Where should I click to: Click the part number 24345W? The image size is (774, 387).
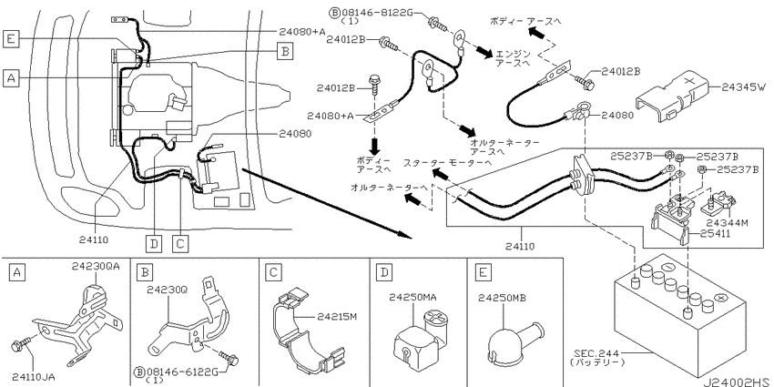[744, 87]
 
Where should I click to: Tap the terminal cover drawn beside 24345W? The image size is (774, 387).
[673, 97]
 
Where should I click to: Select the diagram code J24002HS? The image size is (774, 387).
[736, 382]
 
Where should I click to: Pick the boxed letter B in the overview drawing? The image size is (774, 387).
[284, 50]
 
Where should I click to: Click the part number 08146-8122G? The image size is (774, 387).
[375, 14]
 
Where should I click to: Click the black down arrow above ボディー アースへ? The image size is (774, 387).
[375, 146]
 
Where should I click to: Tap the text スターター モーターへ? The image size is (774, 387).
[447, 162]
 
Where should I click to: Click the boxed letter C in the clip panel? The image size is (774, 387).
[272, 272]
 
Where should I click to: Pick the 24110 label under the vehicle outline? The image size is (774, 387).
[93, 240]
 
